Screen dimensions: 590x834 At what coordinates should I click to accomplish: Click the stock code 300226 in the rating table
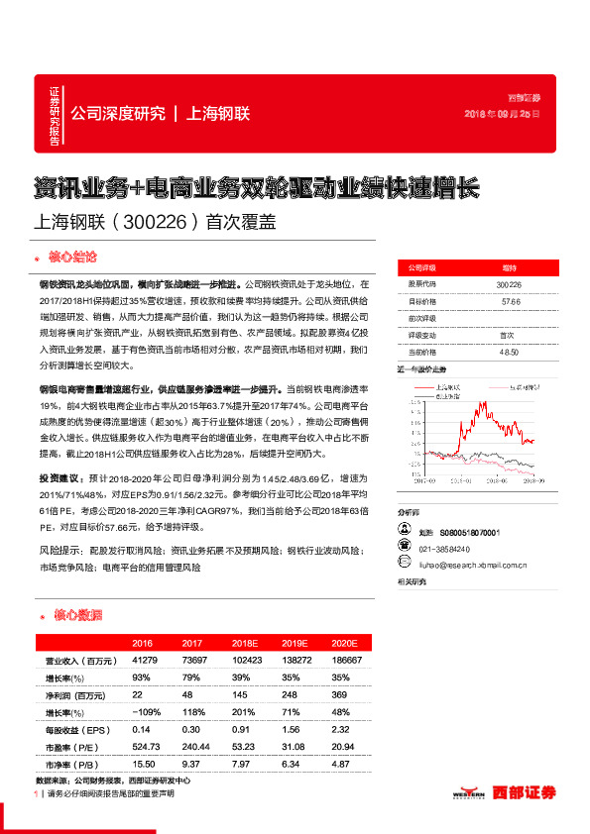click(x=508, y=284)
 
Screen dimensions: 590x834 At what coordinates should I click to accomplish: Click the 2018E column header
click(x=245, y=643)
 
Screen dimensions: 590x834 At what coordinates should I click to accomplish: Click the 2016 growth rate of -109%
click(x=146, y=710)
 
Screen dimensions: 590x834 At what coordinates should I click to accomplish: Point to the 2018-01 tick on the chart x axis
click(x=460, y=477)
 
